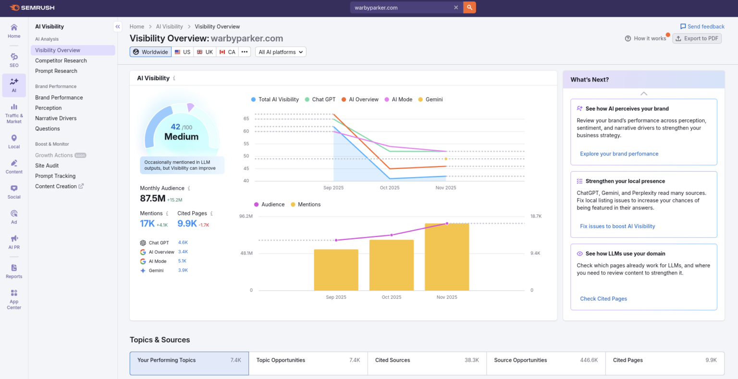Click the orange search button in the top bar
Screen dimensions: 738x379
pos(469,8)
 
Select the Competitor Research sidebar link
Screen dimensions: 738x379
pos(61,60)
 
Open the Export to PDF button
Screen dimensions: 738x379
pos(697,38)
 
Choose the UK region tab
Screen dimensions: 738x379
pos(205,52)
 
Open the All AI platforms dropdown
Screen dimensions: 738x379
pos(281,52)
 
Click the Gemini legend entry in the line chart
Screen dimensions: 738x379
pos(430,99)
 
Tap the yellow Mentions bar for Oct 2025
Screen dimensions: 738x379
pos(392,265)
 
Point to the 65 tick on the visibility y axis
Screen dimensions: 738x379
pos(246,118)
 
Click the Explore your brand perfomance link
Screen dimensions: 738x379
pos(619,154)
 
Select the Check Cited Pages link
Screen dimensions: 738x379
pos(603,299)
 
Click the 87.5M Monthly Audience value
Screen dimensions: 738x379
pos(152,199)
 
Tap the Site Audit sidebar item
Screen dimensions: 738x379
pos(47,166)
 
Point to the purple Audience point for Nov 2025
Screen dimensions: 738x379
pos(447,224)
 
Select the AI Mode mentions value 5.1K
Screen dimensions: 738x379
pos(182,261)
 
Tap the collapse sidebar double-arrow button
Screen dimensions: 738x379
pos(118,27)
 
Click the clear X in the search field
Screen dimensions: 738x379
pos(456,8)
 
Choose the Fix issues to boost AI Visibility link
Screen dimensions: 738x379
pos(617,226)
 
